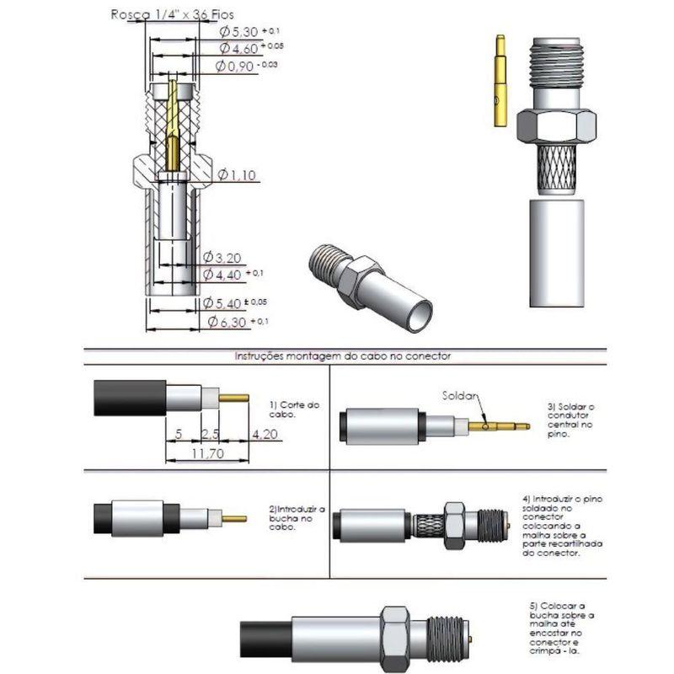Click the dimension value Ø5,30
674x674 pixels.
[238, 31]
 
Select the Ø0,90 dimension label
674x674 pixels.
[235, 66]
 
